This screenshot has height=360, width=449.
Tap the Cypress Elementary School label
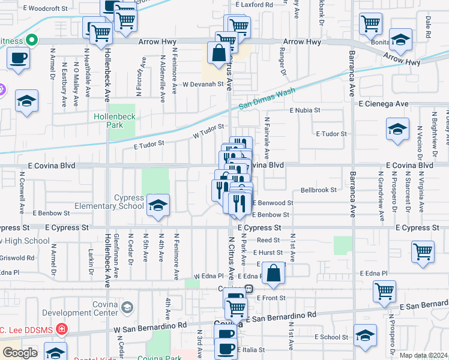(109, 202)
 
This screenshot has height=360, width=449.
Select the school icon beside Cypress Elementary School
(157, 205)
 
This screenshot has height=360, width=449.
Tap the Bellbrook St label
(319, 190)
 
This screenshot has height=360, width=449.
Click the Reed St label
(264, 239)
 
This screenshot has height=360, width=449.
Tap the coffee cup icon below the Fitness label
(18, 59)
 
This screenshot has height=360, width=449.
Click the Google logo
(20, 353)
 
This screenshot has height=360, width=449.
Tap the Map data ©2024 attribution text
(424, 355)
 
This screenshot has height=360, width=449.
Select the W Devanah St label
(203, 85)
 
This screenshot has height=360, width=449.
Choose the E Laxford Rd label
(254, 4)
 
